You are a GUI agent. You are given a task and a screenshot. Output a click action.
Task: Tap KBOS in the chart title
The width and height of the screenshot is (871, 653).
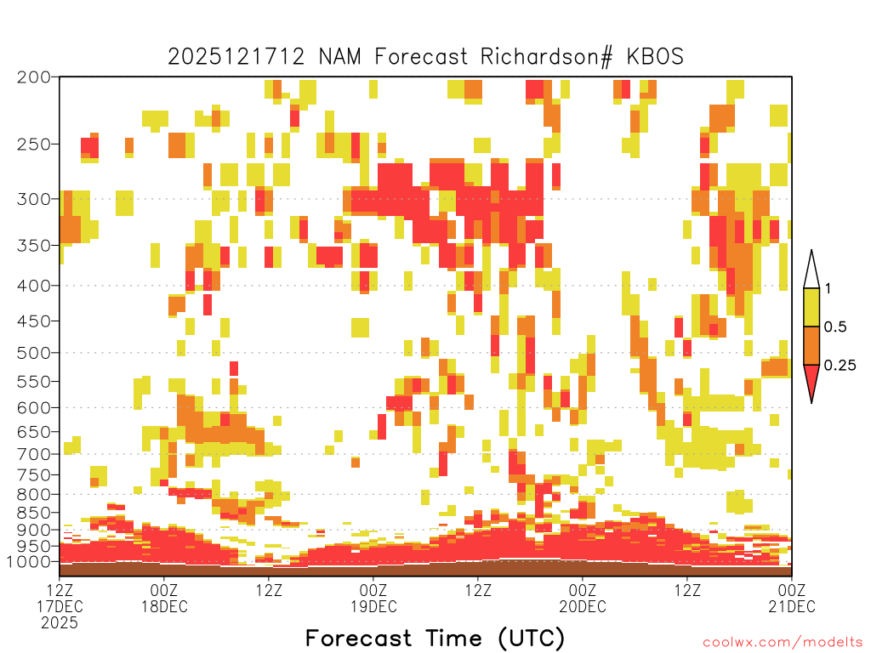[x=655, y=57]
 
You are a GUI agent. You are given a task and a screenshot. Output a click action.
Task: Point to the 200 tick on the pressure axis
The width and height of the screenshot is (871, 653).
[x=33, y=77]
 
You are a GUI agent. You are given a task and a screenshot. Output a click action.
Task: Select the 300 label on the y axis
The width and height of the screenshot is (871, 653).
[x=33, y=199]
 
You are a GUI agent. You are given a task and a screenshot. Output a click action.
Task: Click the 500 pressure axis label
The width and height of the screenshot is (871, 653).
[x=33, y=353]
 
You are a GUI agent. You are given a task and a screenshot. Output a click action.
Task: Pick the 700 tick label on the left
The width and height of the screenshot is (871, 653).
[x=33, y=454]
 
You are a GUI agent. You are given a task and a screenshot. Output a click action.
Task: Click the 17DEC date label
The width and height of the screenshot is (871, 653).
[x=60, y=606]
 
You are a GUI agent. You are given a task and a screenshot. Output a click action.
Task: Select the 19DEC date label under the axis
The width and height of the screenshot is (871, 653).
[x=373, y=606]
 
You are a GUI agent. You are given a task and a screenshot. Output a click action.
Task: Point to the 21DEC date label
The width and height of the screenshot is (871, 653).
[x=792, y=606]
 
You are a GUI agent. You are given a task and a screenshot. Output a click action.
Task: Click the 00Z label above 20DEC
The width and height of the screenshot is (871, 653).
[x=583, y=590]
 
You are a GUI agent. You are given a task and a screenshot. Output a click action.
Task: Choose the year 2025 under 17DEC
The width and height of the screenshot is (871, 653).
[x=60, y=623]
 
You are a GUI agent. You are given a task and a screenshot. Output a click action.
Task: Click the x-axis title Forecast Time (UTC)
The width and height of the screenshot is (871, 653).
[x=435, y=639]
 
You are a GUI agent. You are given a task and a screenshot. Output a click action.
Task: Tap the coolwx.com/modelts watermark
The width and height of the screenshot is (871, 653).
[x=783, y=643]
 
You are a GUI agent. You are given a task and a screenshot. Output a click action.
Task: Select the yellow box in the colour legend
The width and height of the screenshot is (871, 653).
[x=811, y=307]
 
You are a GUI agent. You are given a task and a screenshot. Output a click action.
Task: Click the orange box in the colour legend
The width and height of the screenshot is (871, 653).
[x=811, y=345]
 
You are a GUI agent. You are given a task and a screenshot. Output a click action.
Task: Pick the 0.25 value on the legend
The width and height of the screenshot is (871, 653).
[x=840, y=366]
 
